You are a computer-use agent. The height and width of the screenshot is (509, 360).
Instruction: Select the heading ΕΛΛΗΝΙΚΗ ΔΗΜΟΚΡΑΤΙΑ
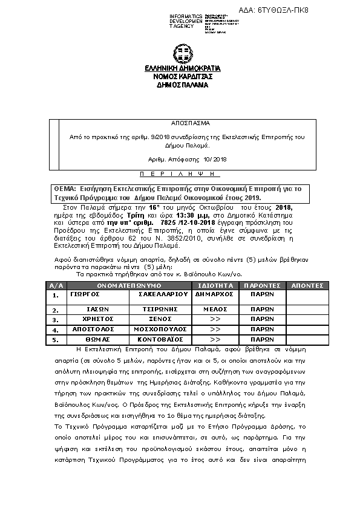click(x=182, y=68)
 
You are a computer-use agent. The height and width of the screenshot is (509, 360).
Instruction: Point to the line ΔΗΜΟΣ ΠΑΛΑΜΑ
click(x=182, y=85)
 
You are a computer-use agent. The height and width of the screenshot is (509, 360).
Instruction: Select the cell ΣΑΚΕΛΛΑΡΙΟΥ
click(x=158, y=294)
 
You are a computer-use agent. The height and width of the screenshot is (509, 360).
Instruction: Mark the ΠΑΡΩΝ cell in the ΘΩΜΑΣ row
click(x=262, y=340)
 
